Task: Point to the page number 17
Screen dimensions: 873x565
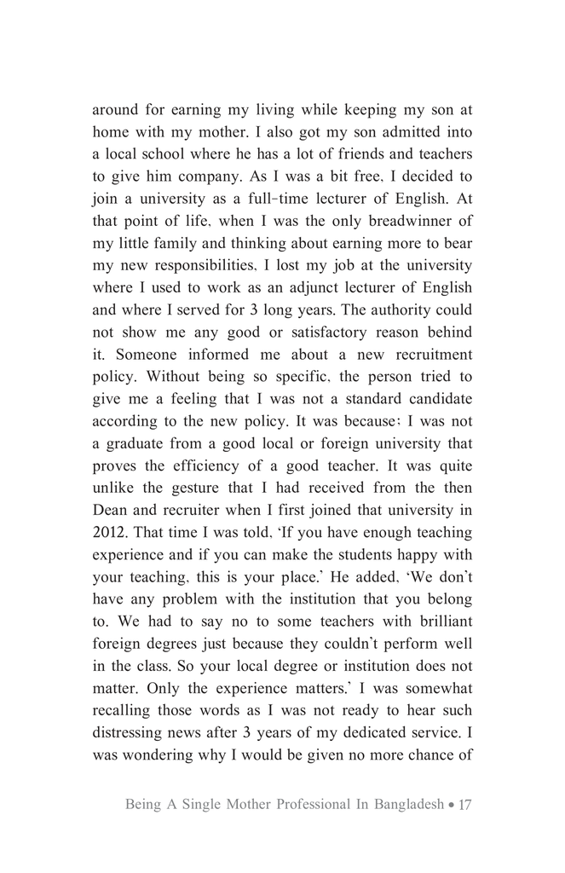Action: [x=464, y=804]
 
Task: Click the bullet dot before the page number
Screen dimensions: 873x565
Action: [x=451, y=805]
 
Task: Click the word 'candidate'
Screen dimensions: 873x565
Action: [x=435, y=398]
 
